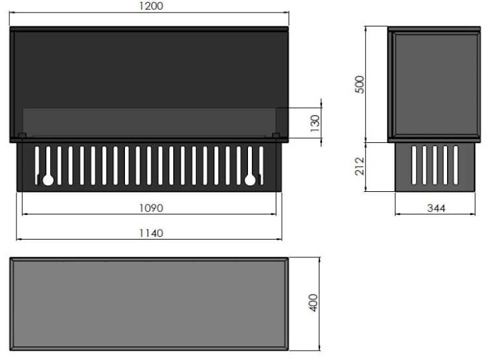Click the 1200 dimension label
click(x=151, y=6)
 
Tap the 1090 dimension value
click(x=151, y=208)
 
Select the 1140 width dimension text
click(x=151, y=234)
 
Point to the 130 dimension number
click(x=315, y=124)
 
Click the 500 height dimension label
click(x=360, y=85)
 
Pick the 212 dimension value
click(x=360, y=166)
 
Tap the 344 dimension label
click(x=436, y=208)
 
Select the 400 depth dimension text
click(x=313, y=302)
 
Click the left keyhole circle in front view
click(x=48, y=180)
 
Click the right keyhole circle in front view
click(x=250, y=180)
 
